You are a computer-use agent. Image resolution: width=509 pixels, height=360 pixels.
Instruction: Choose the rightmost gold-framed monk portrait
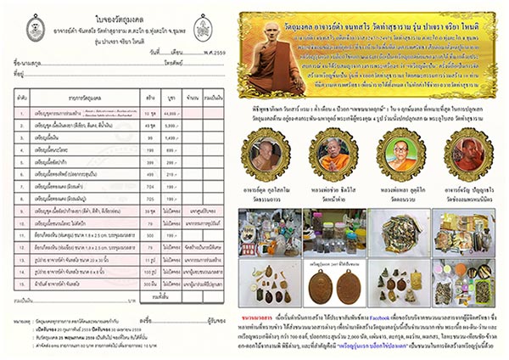point(457,155)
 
